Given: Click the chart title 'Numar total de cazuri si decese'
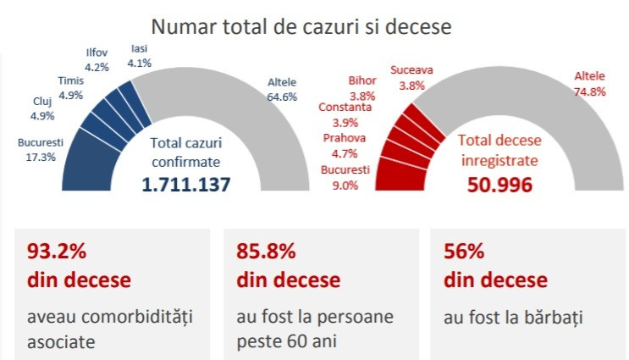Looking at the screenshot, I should (301, 26).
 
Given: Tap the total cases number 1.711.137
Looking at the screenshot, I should (186, 184).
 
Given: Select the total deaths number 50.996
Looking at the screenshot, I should (499, 184).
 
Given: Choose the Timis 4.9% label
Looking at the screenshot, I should (70, 88).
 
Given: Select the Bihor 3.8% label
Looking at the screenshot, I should (362, 88).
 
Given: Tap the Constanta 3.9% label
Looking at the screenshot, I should (345, 114).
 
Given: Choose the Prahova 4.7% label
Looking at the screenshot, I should (345, 145).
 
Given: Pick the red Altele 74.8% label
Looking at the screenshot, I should (590, 83).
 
